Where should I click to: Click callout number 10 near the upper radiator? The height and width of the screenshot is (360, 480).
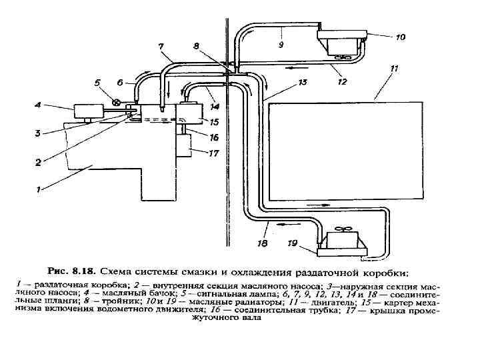pyautogui.click(x=399, y=37)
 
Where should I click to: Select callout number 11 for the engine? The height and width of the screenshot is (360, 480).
pyautogui.click(x=394, y=68)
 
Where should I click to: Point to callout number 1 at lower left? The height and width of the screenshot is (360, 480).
pyautogui.click(x=39, y=189)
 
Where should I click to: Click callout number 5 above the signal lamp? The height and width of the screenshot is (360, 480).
pyautogui.click(x=97, y=83)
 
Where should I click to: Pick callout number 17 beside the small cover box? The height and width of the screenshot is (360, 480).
pyautogui.click(x=213, y=153)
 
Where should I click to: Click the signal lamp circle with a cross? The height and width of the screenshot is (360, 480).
pyautogui.click(x=116, y=103)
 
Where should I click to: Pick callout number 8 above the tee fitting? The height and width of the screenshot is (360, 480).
pyautogui.click(x=195, y=46)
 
